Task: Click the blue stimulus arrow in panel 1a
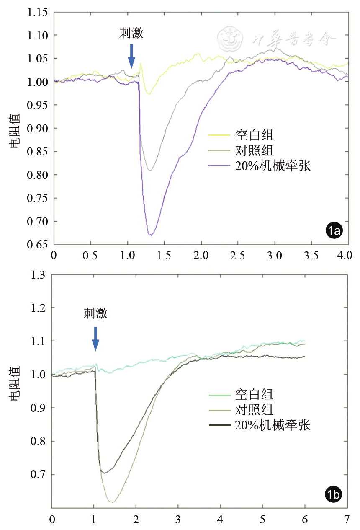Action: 131,56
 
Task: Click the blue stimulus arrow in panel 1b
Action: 95,339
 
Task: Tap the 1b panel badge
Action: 334,495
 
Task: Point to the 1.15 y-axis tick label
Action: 38,12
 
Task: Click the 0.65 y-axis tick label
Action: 38,245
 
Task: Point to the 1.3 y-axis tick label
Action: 41,275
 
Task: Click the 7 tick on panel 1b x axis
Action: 347,520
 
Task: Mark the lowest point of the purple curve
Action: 150,235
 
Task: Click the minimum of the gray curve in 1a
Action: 150,170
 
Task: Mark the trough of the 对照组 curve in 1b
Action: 111,502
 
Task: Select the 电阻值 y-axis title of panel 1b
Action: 15,383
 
